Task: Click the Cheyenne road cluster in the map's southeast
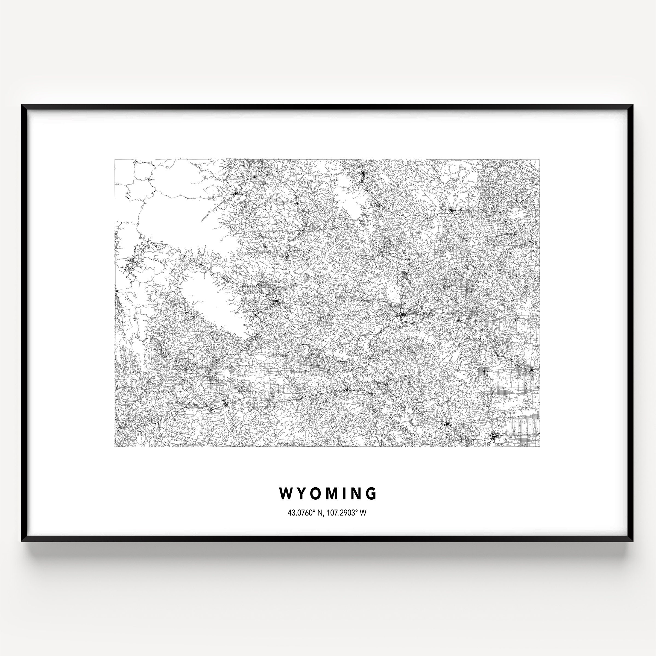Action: pyautogui.click(x=494, y=436)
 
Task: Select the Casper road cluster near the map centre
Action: pyautogui.click(x=402, y=317)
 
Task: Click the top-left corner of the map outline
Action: pyautogui.click(x=115, y=159)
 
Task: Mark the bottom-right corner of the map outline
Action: pyautogui.click(x=540, y=447)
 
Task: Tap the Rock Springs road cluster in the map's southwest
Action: pyautogui.click(x=225, y=404)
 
